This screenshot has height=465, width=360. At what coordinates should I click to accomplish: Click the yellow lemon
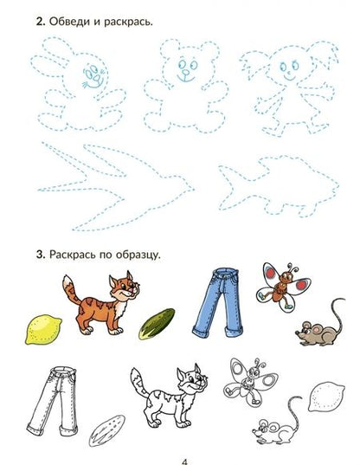pos(43,329)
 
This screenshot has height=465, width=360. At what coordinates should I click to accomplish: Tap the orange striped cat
pos(100,306)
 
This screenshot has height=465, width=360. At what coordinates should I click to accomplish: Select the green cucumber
pos(157,324)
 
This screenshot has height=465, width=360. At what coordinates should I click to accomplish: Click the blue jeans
pos(218,302)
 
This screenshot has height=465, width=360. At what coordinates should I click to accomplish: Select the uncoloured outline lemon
pos(326,397)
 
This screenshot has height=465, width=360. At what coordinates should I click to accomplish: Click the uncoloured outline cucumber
pos(106,430)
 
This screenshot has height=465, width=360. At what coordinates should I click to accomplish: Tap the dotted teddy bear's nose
pos(186,72)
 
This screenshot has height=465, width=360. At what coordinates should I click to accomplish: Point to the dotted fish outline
pos(279,186)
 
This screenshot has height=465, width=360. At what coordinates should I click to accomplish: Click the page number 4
pos(184,462)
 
